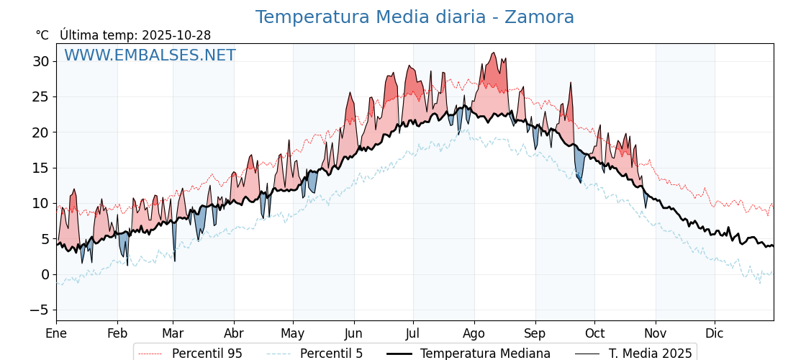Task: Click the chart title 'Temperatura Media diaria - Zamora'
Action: pos(415,17)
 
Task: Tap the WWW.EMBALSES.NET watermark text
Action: pos(150,55)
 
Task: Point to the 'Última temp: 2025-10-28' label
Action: pos(135,35)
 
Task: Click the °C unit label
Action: pos(42,35)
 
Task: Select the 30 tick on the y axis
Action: pos(40,61)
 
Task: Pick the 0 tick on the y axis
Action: pos(45,274)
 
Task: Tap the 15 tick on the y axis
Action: pos(40,168)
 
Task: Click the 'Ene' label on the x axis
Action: pos(56,333)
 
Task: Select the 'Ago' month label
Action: pos(474,333)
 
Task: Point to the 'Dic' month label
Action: pos(715,333)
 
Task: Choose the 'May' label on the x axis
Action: pos(292,333)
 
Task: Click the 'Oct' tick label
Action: pos(594,333)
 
